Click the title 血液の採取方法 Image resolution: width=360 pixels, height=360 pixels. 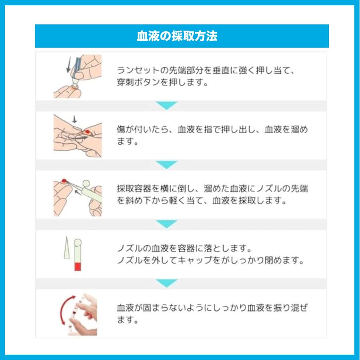(x=177, y=36)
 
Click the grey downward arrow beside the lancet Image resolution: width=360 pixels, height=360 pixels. (x=68, y=64)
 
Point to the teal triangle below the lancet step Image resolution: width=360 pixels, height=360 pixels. (x=166, y=106)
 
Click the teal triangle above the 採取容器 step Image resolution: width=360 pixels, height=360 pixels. (x=166, y=164)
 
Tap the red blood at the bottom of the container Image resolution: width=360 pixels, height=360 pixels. (x=78, y=267)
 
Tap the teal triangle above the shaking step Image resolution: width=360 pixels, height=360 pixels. (x=166, y=283)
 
